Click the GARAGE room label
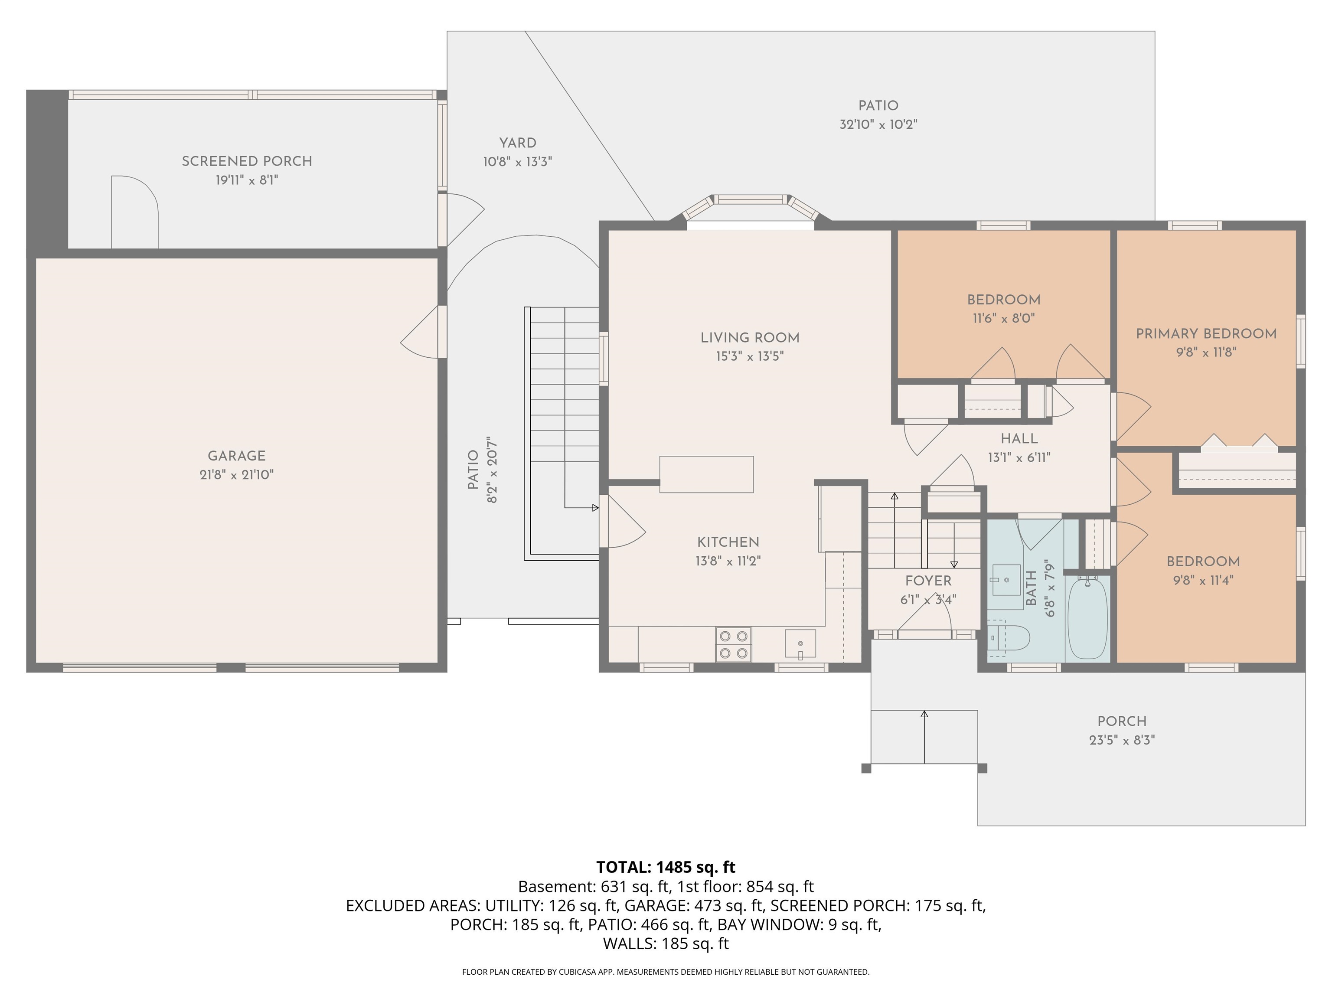237,456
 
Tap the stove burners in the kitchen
734,644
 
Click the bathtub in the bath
1087,618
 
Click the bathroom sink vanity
1006,580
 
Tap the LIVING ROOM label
750,338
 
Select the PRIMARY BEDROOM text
1206,333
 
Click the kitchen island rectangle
706,474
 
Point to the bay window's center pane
750,200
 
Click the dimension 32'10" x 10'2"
878,124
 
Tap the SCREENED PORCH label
247,161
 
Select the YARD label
517,143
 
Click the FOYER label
928,581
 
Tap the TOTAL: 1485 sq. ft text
666,867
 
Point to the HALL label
1019,439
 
